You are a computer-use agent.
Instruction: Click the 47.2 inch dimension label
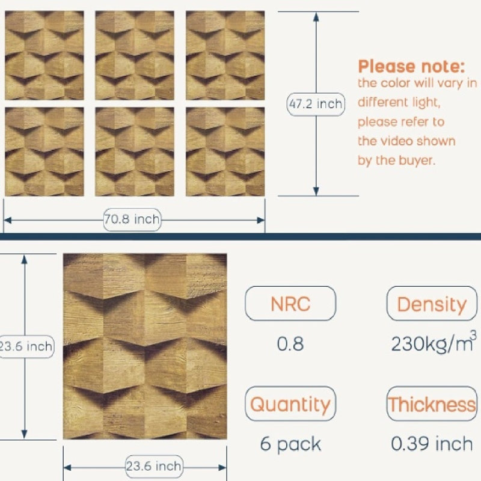(x=316, y=104)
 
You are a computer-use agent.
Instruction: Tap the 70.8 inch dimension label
(x=132, y=219)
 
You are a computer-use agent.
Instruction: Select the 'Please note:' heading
(x=411, y=66)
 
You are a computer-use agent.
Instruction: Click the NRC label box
(x=290, y=304)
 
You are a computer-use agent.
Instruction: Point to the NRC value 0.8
(x=290, y=343)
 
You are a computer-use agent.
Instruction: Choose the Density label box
(x=432, y=304)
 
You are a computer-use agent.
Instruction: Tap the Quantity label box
(x=290, y=403)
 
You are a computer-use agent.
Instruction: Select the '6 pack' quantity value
(x=290, y=444)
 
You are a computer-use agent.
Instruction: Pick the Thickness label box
(x=432, y=403)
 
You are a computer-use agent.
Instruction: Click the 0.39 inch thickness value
(x=432, y=444)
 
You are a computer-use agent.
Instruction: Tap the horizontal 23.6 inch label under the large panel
(x=155, y=467)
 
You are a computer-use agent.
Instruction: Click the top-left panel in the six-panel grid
(x=44, y=55)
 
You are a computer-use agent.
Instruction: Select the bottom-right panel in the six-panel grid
(x=225, y=152)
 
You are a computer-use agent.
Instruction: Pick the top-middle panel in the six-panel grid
(x=135, y=55)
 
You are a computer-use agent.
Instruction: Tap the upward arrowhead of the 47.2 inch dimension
(x=316, y=17)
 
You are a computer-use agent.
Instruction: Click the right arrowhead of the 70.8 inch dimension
(x=260, y=220)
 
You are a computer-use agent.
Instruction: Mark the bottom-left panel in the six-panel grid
(x=44, y=152)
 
